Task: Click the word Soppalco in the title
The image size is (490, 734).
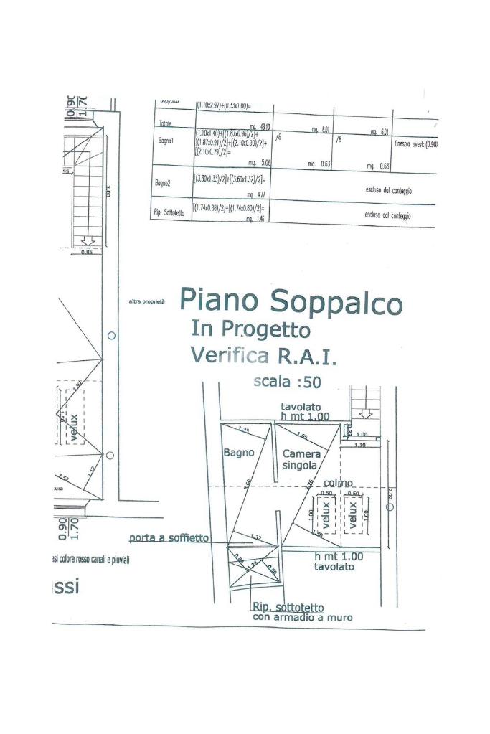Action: (x=344, y=301)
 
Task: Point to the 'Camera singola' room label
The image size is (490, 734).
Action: (x=300, y=459)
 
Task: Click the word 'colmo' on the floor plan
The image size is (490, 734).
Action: (x=337, y=484)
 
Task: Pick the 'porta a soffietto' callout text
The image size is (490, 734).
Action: (x=169, y=537)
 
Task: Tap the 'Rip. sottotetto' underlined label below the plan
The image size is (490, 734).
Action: (x=287, y=608)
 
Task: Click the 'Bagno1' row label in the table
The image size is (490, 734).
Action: (x=166, y=141)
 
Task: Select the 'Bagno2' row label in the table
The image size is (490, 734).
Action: (x=164, y=184)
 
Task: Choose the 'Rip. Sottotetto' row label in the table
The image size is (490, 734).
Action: (x=170, y=212)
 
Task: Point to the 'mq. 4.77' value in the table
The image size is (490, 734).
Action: (x=254, y=194)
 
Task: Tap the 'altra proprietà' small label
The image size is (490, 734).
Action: (x=146, y=302)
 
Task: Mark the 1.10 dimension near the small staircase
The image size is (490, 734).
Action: (x=359, y=445)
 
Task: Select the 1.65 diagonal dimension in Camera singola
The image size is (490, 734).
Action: (x=301, y=436)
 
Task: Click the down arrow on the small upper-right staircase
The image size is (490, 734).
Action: (x=364, y=413)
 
